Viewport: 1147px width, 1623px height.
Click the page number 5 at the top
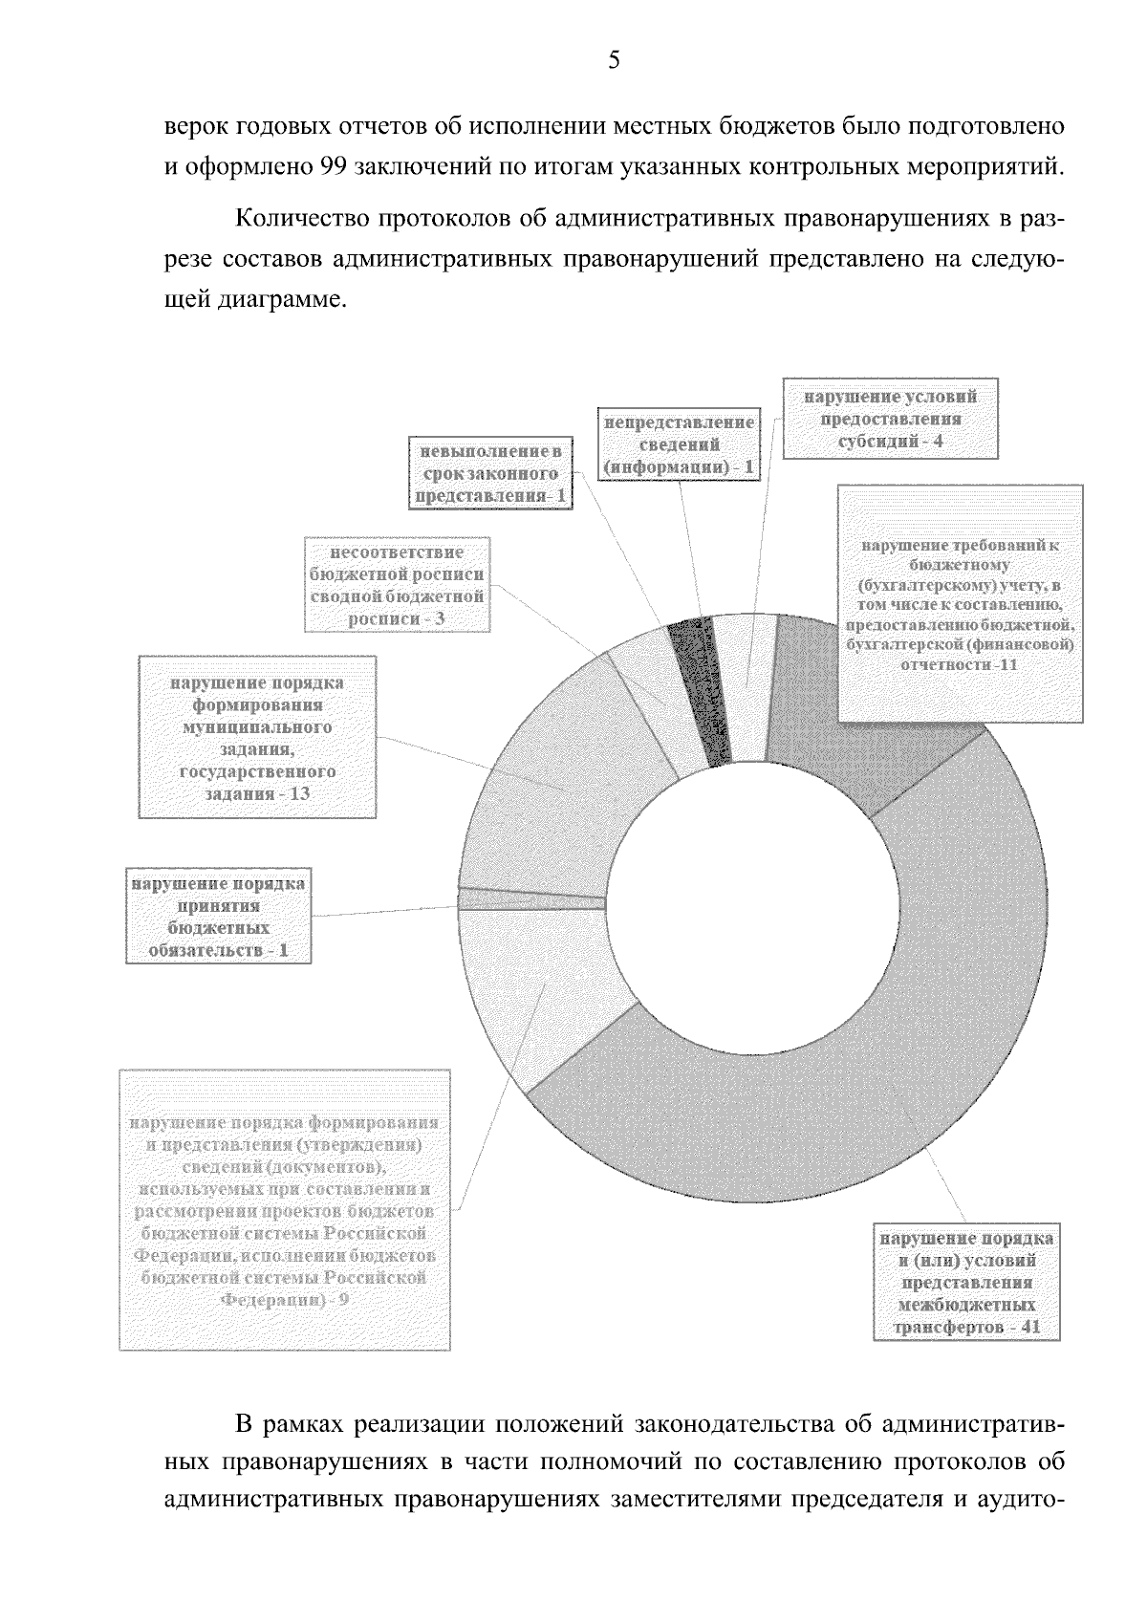(x=614, y=61)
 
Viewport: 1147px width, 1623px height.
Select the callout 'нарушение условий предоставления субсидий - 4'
(x=890, y=419)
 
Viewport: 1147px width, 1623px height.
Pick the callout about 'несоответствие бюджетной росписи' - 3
(x=398, y=585)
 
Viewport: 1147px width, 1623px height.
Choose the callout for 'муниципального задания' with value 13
(x=257, y=737)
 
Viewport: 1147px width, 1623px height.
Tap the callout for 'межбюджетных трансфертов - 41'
(x=967, y=1283)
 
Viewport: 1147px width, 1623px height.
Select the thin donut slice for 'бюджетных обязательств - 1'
(x=531, y=900)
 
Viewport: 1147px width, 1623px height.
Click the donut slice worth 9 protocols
(x=535, y=994)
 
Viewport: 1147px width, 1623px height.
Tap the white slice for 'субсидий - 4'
(x=744, y=686)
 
